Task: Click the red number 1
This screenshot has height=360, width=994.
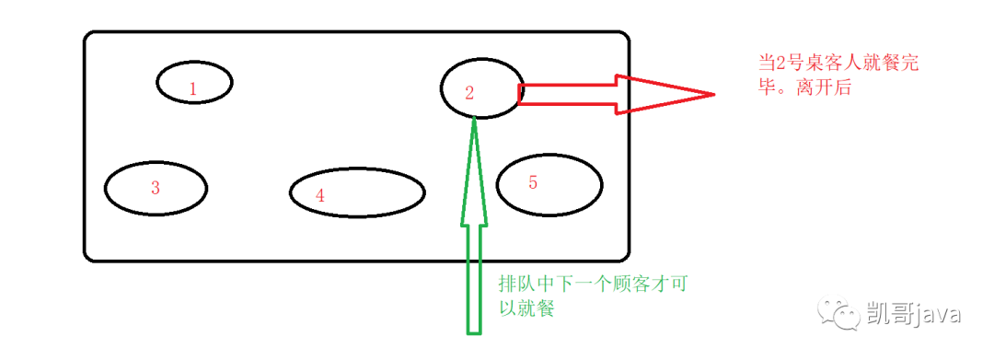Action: (x=193, y=89)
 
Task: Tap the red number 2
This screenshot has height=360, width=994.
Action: (x=469, y=93)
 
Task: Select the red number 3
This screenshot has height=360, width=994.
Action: (x=156, y=188)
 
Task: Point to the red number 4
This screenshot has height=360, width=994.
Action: (x=319, y=196)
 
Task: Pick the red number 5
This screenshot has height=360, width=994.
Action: (x=533, y=182)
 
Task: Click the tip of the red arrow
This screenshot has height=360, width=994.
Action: (x=715, y=95)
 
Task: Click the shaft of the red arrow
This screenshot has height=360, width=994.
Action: (x=567, y=94)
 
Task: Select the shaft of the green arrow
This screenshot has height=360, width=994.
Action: (x=474, y=279)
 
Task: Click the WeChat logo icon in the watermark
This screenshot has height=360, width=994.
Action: (x=838, y=313)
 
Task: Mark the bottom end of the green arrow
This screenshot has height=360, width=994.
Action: (x=474, y=332)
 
